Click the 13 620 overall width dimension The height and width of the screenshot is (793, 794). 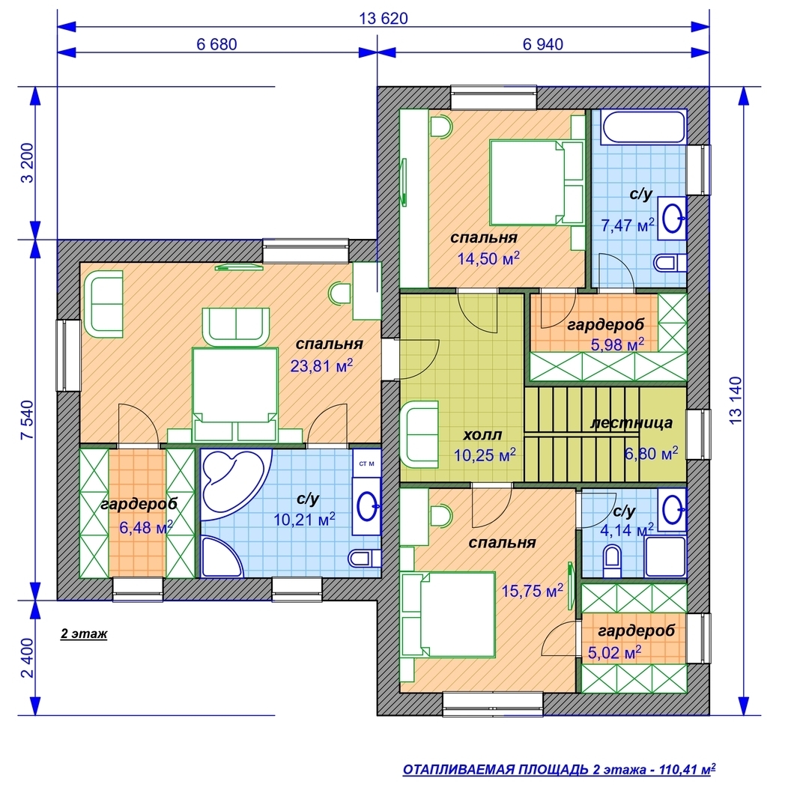click(384, 19)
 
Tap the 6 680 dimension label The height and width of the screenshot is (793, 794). click(216, 44)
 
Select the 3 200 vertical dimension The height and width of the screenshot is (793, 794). click(28, 163)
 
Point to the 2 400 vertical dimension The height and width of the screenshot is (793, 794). click(28, 658)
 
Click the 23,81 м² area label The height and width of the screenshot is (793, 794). click(321, 365)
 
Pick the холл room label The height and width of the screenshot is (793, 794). click(482, 435)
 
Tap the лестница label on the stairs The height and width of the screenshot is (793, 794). click(631, 422)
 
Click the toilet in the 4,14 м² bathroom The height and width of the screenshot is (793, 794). click(612, 561)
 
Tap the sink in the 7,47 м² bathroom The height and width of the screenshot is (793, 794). click(673, 219)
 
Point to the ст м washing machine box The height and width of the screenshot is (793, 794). click(366, 463)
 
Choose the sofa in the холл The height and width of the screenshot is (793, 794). click(419, 435)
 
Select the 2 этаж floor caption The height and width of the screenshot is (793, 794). click(84, 634)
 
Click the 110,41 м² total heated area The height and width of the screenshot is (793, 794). click(687, 769)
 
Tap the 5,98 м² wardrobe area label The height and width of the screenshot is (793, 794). click(618, 344)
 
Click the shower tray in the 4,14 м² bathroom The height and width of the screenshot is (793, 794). click(665, 556)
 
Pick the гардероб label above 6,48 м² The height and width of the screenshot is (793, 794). click(139, 504)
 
